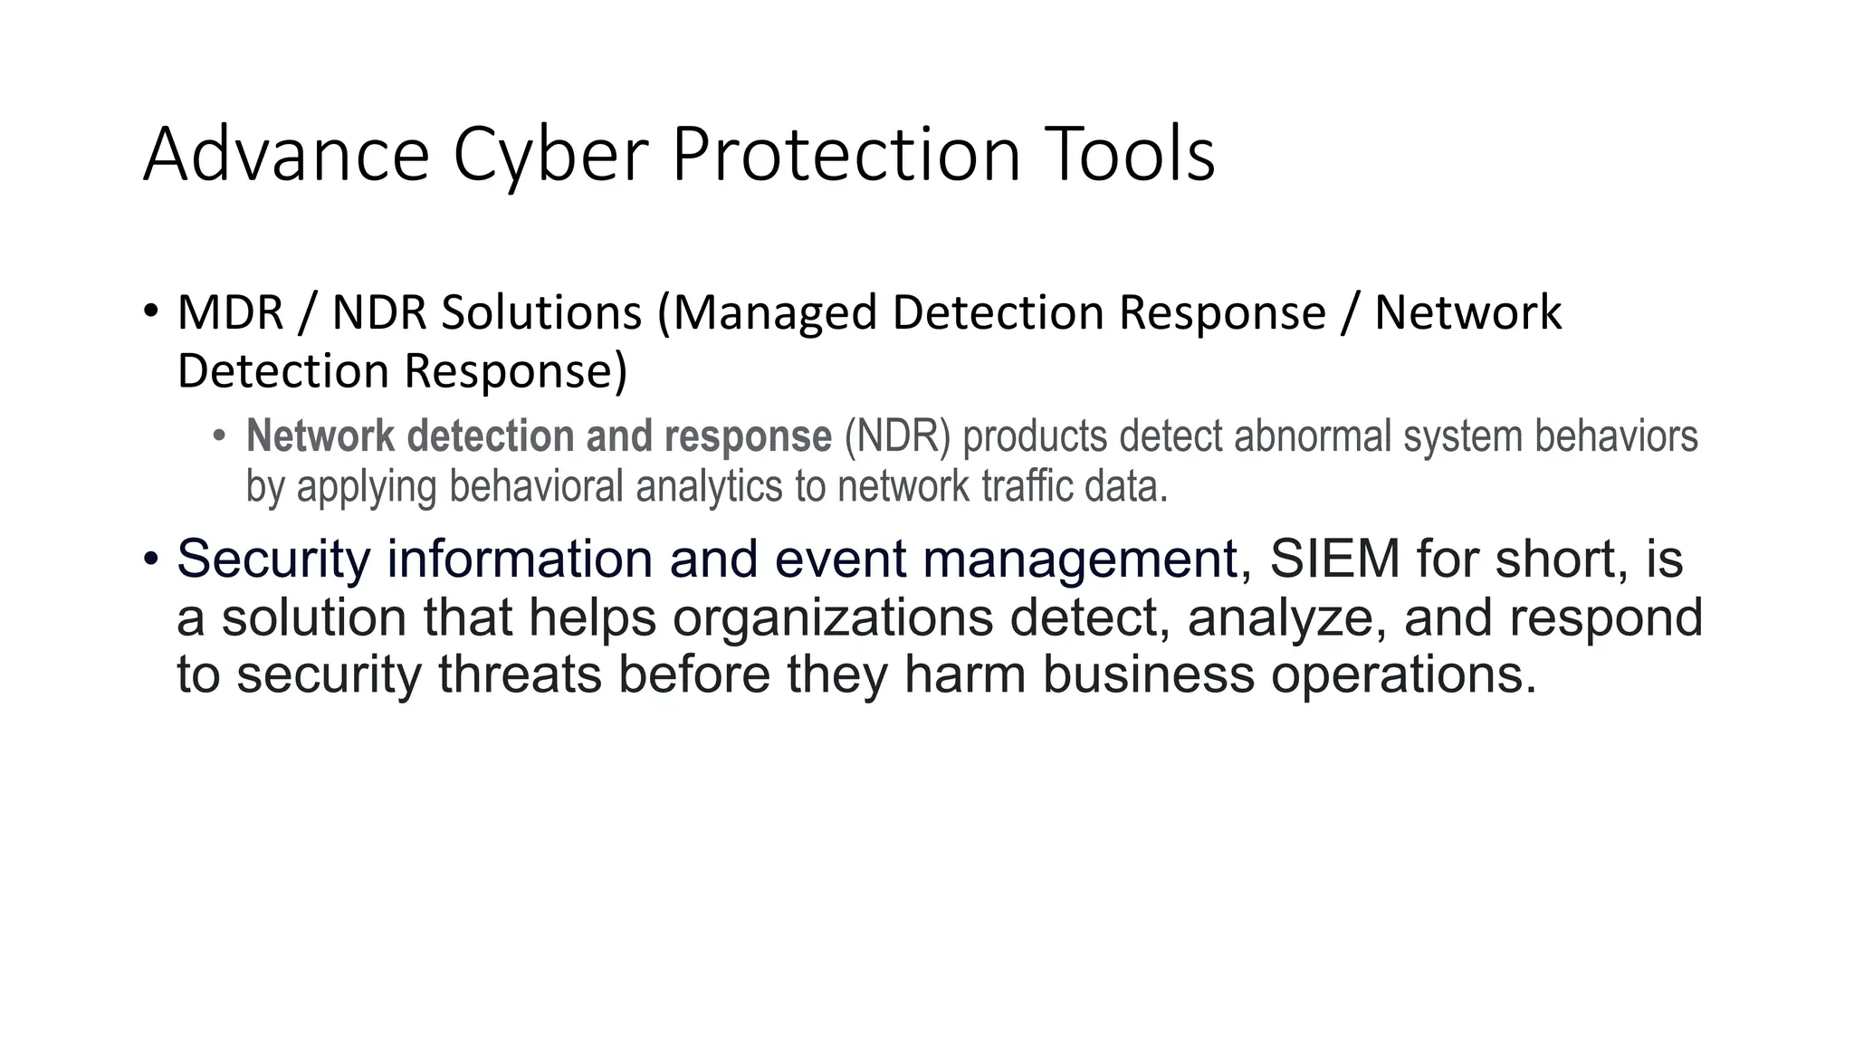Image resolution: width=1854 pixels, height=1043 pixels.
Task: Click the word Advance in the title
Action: [x=286, y=155]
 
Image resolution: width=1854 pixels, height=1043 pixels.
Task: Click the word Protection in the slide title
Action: [x=846, y=155]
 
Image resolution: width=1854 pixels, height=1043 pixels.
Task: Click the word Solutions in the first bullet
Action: [x=541, y=312]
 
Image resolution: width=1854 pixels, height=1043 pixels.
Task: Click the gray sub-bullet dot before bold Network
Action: [x=218, y=436]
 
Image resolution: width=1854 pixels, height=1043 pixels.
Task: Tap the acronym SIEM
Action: [x=1334, y=559]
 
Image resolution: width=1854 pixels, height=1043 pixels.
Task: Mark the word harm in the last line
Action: [x=964, y=675]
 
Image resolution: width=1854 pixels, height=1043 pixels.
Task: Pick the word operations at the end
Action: [x=1403, y=675]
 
